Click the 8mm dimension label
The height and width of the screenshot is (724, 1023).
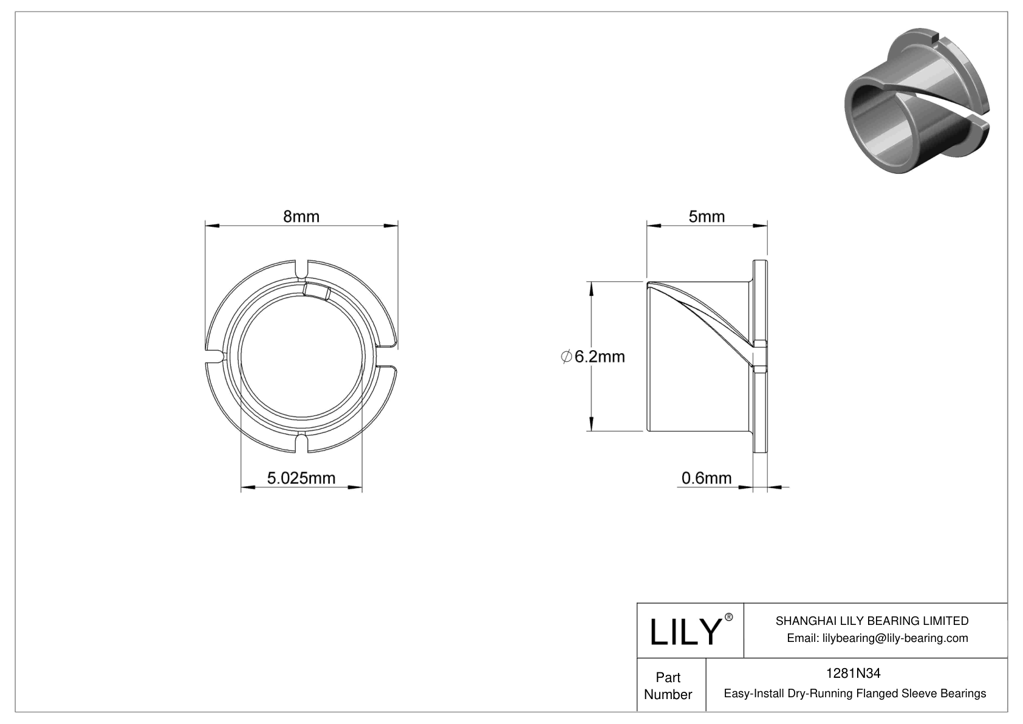click(x=301, y=216)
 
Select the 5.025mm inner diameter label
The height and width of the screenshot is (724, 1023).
click(x=301, y=478)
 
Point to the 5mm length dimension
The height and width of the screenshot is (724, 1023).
click(x=707, y=216)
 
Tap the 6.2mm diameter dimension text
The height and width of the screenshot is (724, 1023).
click(x=599, y=357)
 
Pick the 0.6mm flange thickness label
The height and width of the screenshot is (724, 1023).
click(x=707, y=478)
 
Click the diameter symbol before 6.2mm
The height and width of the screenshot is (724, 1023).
click(x=566, y=357)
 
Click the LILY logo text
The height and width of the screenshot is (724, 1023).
click(x=685, y=632)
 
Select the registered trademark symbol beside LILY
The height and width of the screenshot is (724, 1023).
click(x=729, y=617)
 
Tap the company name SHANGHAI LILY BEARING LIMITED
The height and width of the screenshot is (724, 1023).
click(x=872, y=621)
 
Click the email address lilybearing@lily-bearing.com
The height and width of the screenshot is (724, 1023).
click(x=877, y=638)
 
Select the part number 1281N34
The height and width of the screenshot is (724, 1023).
click(x=853, y=673)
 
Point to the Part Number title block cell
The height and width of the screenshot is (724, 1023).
click(x=668, y=686)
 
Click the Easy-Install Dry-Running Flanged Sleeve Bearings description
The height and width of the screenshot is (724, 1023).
click(x=855, y=693)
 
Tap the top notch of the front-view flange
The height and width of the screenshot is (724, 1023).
click(x=302, y=268)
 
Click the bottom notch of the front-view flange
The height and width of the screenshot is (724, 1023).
click(x=302, y=443)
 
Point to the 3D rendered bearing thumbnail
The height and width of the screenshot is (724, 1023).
click(x=917, y=100)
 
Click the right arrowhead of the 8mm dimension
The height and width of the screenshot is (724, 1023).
click(x=391, y=226)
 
